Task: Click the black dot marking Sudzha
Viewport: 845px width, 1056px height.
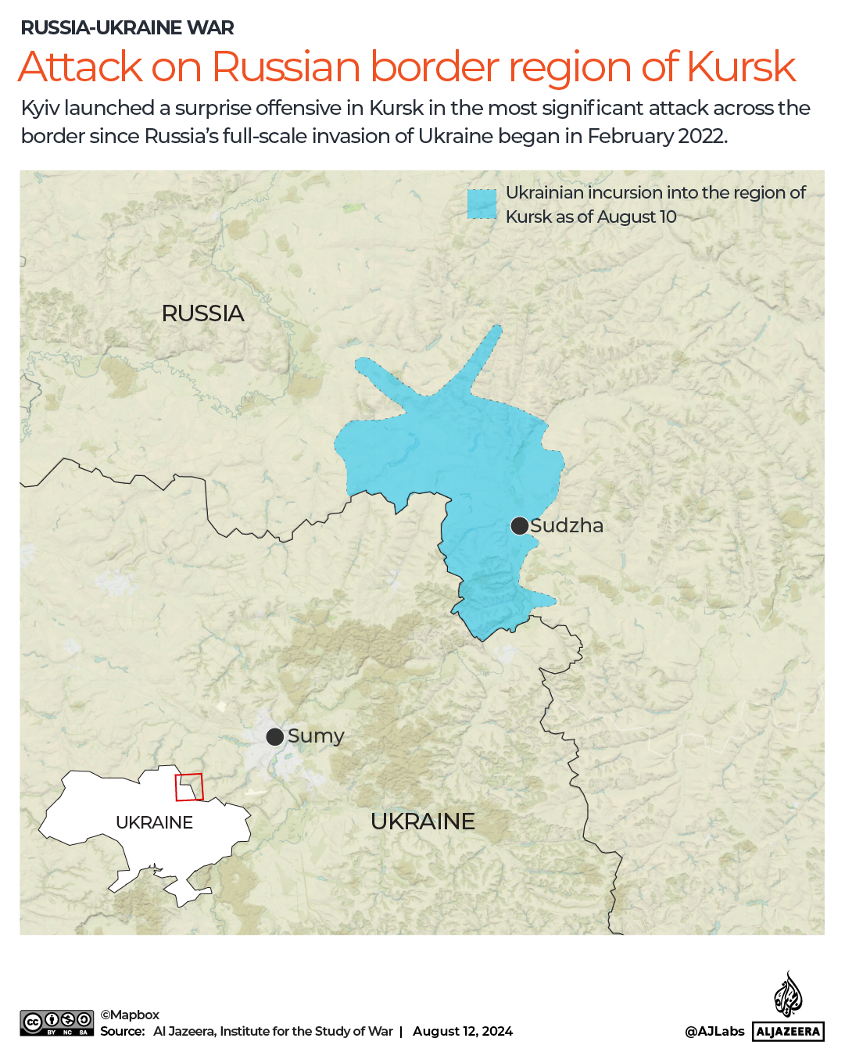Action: point(520,526)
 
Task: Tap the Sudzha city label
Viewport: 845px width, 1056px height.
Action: point(567,526)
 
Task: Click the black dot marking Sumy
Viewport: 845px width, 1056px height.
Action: point(274,736)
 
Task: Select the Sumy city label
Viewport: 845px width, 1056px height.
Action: point(316,736)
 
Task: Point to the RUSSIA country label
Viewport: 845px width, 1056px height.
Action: point(202,313)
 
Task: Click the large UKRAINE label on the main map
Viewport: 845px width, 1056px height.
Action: point(423,822)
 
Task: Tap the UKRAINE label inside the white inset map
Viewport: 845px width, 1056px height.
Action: point(154,822)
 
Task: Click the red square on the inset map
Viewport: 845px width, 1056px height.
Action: point(188,787)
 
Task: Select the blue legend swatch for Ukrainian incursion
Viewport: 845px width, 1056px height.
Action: point(482,204)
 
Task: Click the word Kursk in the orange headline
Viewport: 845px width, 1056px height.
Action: point(741,67)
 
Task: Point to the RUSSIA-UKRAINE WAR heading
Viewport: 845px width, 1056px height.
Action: point(127,28)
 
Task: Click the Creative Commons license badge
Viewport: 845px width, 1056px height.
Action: point(57,1023)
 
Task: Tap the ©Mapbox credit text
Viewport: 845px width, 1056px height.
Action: point(130,1015)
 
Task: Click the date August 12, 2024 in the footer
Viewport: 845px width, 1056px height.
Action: point(463,1031)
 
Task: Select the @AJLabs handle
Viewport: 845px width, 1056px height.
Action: point(714,1031)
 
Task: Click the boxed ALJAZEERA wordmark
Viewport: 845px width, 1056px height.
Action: point(788,1032)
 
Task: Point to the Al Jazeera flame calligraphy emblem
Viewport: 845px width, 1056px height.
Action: point(788,994)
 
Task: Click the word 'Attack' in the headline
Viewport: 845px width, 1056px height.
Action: point(81,67)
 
